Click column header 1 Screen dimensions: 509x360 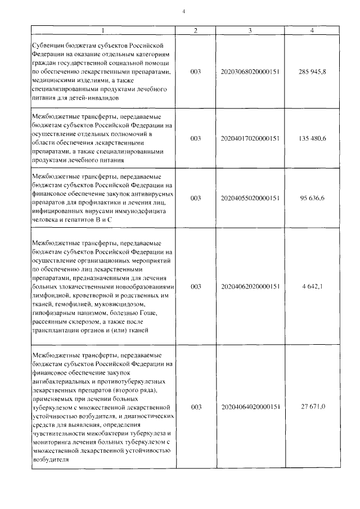(x=103, y=30)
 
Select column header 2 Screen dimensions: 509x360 (x=195, y=30)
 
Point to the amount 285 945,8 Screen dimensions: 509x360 (x=312, y=72)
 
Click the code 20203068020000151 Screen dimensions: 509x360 (x=250, y=72)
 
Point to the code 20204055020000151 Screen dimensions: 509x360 (x=250, y=198)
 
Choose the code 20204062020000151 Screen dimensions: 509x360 (x=250, y=286)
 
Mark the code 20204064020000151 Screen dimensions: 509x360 (x=250, y=406)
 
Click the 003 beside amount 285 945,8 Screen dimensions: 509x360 (x=196, y=72)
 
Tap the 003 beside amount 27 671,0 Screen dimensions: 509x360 (x=196, y=406)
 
